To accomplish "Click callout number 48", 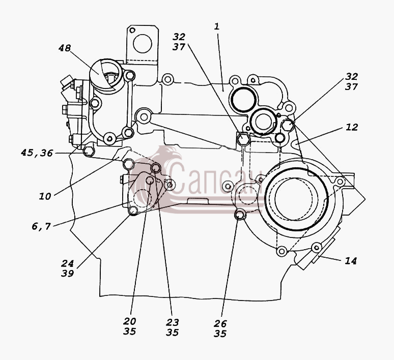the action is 65,48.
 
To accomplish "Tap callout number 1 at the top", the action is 217,26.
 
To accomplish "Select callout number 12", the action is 352,127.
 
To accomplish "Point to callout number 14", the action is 351,261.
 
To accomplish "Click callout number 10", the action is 45,196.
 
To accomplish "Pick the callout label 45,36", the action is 37,153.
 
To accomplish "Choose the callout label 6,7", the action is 41,226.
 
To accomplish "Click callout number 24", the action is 67,263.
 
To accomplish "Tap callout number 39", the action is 67,274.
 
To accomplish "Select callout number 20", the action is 129,321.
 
